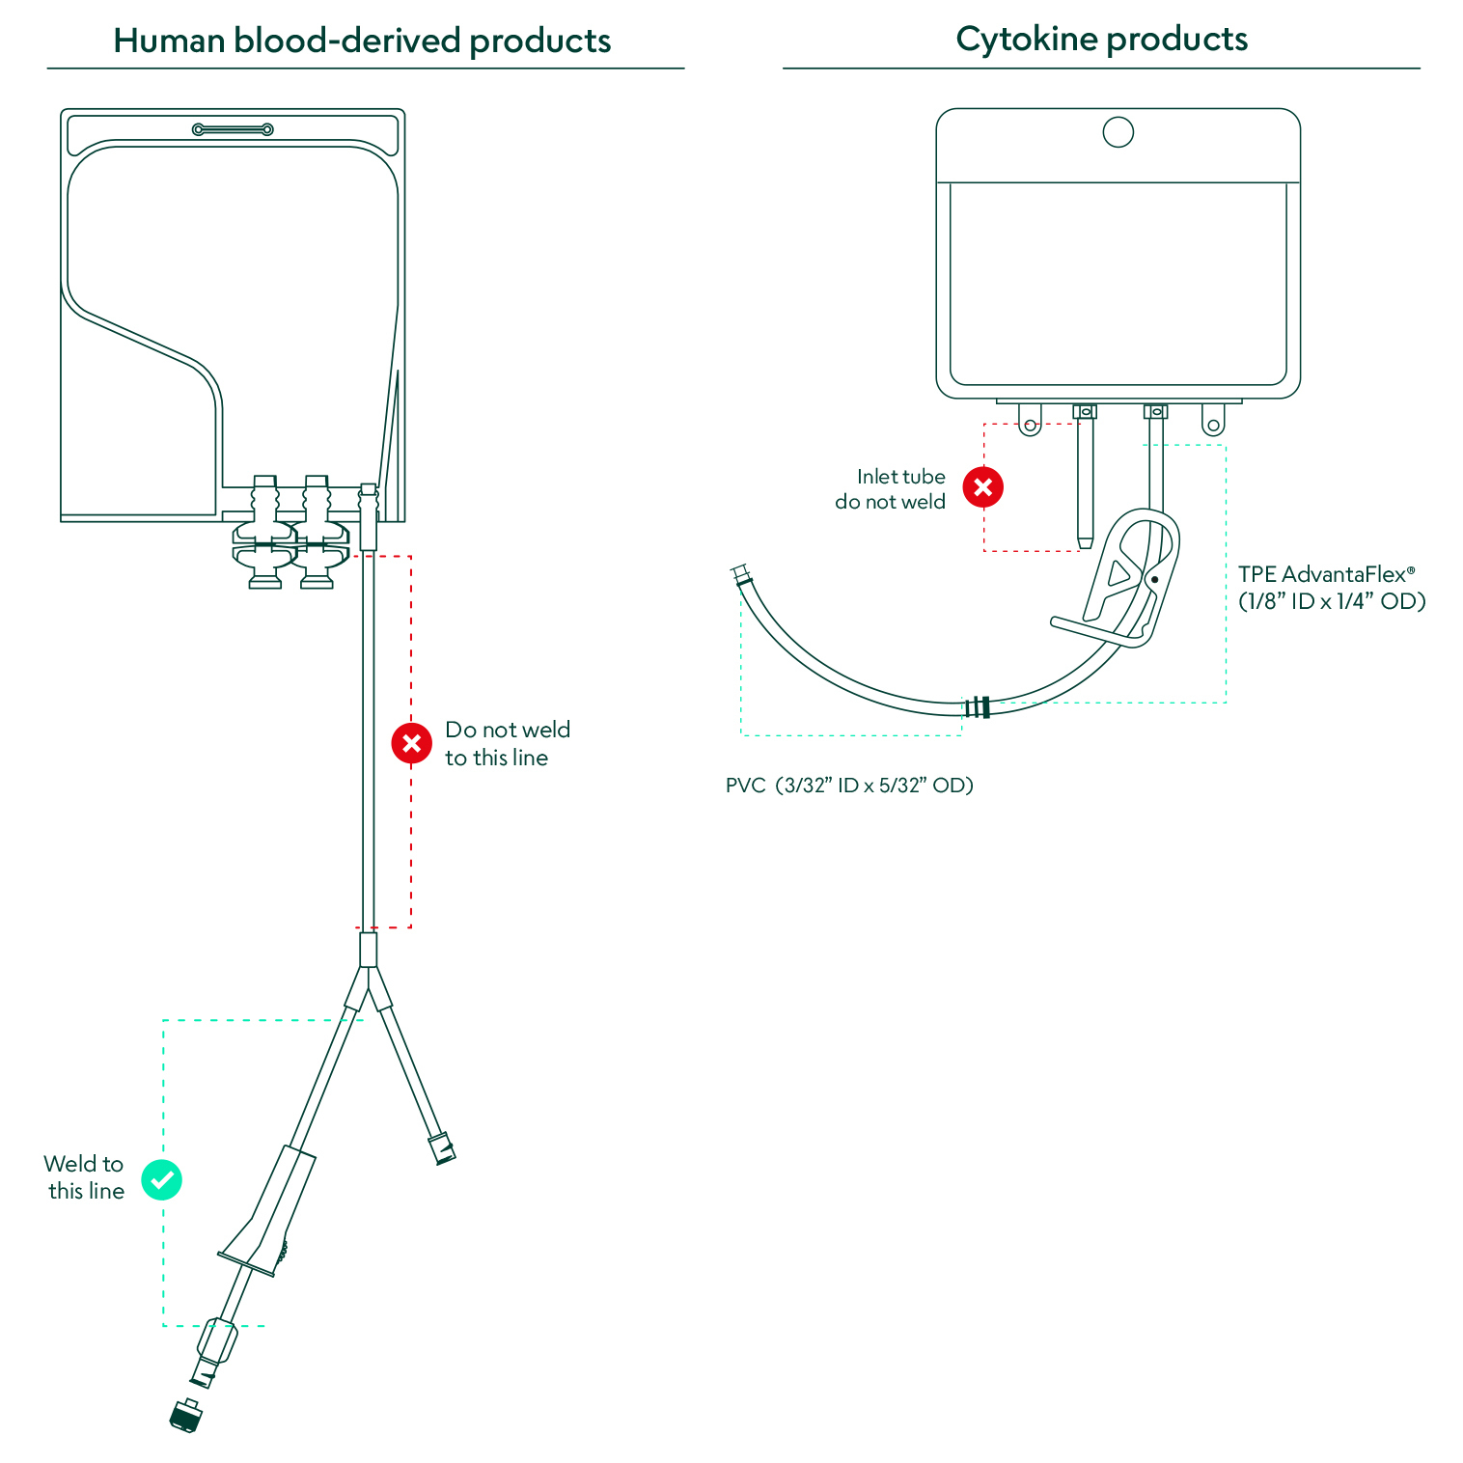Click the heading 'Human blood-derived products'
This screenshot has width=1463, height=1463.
pyautogui.click(x=362, y=41)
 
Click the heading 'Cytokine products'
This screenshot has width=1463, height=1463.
pyautogui.click(x=1101, y=39)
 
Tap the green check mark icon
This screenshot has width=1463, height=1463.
pyautogui.click(x=161, y=1179)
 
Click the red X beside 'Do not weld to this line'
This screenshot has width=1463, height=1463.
pyautogui.click(x=411, y=743)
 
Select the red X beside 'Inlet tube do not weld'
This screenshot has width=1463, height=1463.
pyautogui.click(x=982, y=487)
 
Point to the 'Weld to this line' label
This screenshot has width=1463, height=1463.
pyautogui.click(x=85, y=1177)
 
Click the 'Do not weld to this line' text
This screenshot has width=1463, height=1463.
pyautogui.click(x=507, y=743)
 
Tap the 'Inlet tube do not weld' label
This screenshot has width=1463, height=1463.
pyautogui.click(x=891, y=489)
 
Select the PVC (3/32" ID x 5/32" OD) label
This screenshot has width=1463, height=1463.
pyautogui.click(x=849, y=786)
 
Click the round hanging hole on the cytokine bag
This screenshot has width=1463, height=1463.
pyautogui.click(x=1118, y=132)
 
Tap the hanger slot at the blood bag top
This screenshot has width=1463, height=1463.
pyautogui.click(x=233, y=129)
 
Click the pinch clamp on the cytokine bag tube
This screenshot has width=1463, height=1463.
pyautogui.click(x=1125, y=579)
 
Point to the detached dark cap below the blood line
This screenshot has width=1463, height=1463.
pyautogui.click(x=186, y=1416)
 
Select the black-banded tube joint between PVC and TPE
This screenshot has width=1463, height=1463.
pyautogui.click(x=978, y=706)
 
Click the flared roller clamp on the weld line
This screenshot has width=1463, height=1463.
pyautogui.click(x=267, y=1216)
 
